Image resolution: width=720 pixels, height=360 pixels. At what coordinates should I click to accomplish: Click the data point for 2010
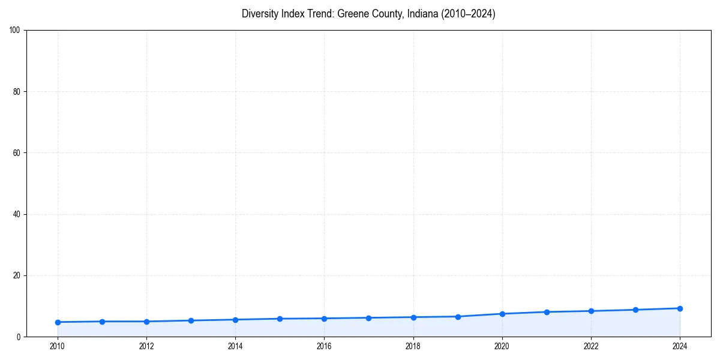(x=58, y=322)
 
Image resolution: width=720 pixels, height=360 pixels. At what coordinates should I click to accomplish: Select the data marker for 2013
(x=191, y=320)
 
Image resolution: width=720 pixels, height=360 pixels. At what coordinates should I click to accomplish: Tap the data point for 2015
(x=280, y=319)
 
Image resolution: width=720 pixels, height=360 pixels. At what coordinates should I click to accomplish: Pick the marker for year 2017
(x=368, y=318)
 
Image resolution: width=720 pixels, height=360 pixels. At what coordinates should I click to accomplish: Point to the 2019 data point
(x=458, y=317)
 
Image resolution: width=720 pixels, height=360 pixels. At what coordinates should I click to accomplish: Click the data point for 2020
(x=502, y=314)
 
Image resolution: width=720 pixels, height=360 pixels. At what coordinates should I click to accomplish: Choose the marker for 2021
(x=547, y=312)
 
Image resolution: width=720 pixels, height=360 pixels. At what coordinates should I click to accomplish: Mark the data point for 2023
(x=635, y=310)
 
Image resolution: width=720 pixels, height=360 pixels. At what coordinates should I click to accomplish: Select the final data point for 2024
(x=680, y=308)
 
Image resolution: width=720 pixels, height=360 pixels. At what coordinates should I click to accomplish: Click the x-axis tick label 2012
(x=146, y=346)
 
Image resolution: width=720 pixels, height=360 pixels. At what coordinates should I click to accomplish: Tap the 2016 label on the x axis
(x=324, y=346)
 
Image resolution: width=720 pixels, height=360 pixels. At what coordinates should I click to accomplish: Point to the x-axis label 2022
(x=591, y=346)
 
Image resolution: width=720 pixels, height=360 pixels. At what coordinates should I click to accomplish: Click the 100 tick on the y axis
(x=15, y=31)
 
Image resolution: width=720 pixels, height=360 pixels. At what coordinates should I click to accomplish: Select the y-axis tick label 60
(x=17, y=153)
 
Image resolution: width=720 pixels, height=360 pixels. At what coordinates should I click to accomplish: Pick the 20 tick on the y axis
(x=17, y=275)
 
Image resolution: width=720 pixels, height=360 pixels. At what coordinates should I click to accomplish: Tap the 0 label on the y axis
(x=19, y=337)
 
